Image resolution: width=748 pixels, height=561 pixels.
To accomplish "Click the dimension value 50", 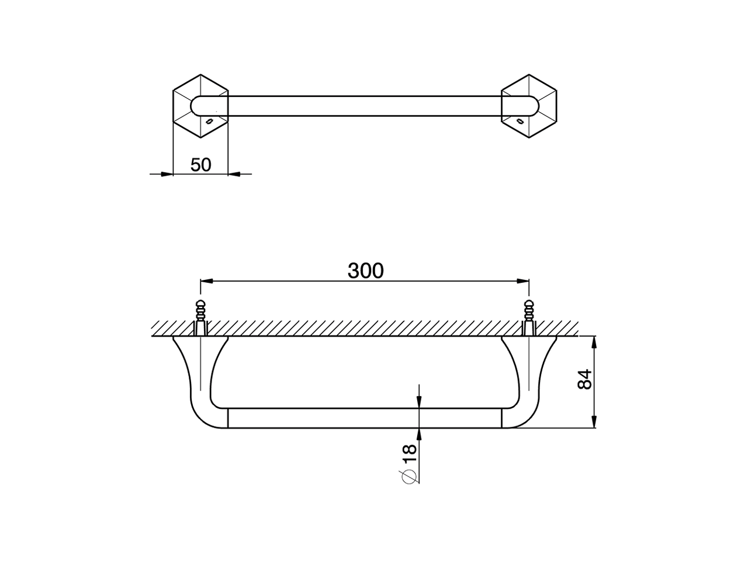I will coord(200,165).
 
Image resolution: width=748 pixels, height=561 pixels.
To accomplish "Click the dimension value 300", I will coord(366,271).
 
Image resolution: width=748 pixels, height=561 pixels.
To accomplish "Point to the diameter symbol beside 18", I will coord(409,476).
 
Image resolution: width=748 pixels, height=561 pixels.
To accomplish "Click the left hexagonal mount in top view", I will coord(200,106).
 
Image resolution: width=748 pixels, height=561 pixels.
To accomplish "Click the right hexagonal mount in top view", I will coord(529,106).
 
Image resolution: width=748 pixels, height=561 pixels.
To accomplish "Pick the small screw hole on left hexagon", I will coord(209,122).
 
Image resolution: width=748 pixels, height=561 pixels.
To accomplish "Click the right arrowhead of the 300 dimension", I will coord(524,282).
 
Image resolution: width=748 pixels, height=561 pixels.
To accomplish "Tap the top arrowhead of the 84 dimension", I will coord(594,341).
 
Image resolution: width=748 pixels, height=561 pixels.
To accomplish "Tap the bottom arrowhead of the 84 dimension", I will coord(594,422).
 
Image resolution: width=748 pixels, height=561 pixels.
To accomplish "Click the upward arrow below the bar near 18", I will coord(420,433).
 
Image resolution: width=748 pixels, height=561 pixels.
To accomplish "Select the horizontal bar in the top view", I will coord(365,106).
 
